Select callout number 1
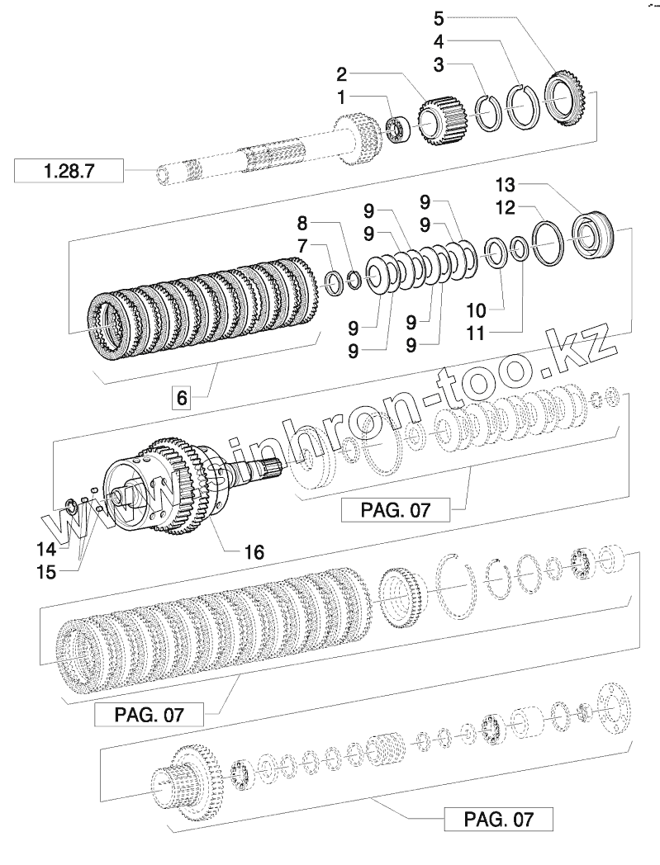pyautogui.click(x=341, y=97)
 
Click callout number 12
pyautogui.click(x=506, y=206)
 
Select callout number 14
pyautogui.click(x=46, y=548)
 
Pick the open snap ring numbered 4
pyautogui.click(x=522, y=105)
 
